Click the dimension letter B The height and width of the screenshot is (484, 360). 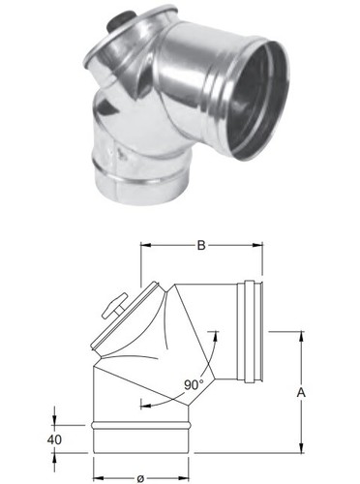pos(201,245)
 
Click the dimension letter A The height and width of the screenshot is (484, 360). pos(301,393)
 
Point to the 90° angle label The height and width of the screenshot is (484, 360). pos(194,384)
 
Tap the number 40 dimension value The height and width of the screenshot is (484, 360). pos(54,439)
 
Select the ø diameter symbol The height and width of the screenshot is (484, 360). pos(140,479)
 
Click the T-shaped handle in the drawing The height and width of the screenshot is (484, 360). pos(114,305)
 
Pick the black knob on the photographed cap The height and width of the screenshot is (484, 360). pos(120,20)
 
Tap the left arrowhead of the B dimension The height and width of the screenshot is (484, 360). pos(146,245)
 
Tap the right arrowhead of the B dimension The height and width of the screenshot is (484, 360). pos(257,245)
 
